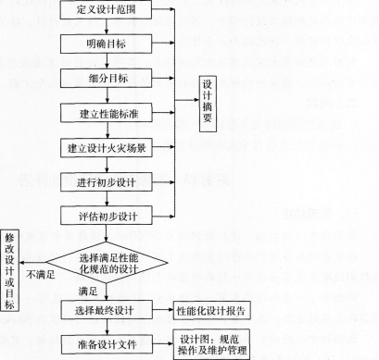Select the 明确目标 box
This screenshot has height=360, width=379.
(109, 44)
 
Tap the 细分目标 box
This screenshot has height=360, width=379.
(109, 78)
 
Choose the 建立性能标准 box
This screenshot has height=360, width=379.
(109, 113)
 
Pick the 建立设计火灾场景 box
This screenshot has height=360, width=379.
(109, 147)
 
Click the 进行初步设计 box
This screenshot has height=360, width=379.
(109, 181)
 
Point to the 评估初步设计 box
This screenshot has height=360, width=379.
(109, 216)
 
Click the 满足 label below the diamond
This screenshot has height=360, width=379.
(89, 289)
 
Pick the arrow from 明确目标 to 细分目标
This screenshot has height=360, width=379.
(108, 61)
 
